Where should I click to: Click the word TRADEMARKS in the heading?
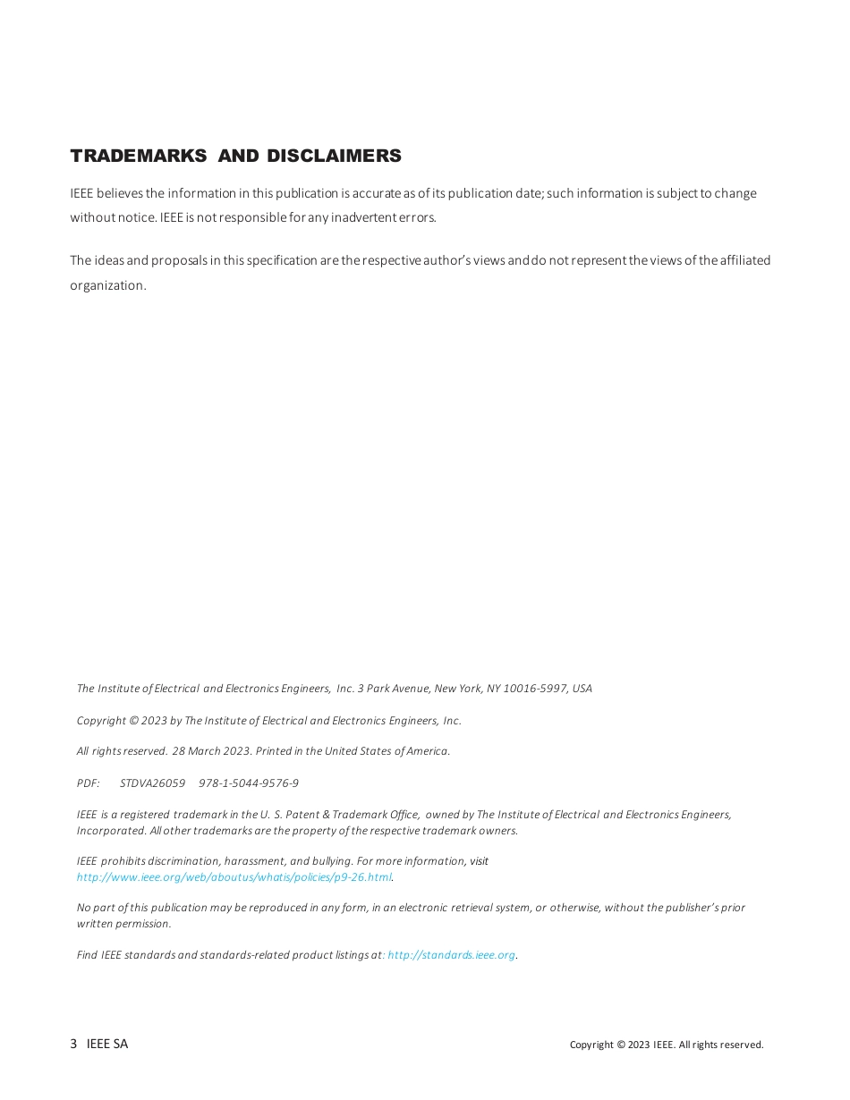pyautogui.click(x=138, y=157)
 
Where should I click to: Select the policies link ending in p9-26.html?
pyautogui.click(x=234, y=877)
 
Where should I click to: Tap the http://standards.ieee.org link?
pyautogui.click(x=451, y=955)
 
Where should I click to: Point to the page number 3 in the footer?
pyautogui.click(x=73, y=1044)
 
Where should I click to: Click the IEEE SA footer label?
pyautogui.click(x=107, y=1044)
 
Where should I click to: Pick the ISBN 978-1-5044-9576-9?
pyautogui.click(x=249, y=783)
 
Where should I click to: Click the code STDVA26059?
pyautogui.click(x=152, y=783)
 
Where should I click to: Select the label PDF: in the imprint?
pyautogui.click(x=88, y=783)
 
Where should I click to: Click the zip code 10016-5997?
pyautogui.click(x=536, y=689)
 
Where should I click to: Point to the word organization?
pyautogui.click(x=107, y=286)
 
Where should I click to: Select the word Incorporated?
pyautogui.click(x=112, y=831)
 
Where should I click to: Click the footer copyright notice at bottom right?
pyautogui.click(x=667, y=1045)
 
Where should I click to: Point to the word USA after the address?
pyautogui.click(x=582, y=689)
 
